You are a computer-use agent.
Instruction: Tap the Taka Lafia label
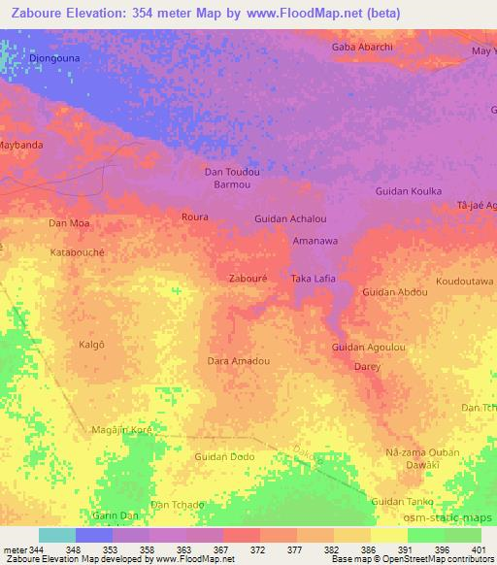pos(314,279)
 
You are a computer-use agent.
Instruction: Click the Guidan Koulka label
pos(409,191)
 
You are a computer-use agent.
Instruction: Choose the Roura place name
pos(194,217)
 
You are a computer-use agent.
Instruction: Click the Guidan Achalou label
pos(290,219)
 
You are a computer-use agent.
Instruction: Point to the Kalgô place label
pos(92,345)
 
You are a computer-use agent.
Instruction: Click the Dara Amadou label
pos(238,361)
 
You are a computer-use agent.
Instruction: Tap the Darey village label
pos(367,367)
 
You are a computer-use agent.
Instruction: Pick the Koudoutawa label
pos(464,281)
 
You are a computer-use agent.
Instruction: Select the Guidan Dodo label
pos(224,456)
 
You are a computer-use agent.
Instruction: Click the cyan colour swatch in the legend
pos(57,535)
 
